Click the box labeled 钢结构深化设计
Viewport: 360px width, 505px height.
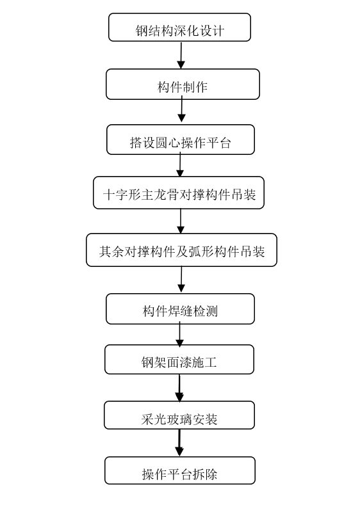coord(179,28)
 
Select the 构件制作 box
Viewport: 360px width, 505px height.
coord(183,84)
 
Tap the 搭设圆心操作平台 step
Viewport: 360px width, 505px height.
coord(181,140)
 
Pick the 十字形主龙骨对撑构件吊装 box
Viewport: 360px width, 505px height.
coord(179,193)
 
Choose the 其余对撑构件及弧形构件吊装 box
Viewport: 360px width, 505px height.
coord(181,250)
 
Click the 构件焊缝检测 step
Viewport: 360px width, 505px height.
coord(180,309)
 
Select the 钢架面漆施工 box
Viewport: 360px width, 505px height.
coord(179,360)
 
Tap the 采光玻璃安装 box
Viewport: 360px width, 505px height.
coord(179,415)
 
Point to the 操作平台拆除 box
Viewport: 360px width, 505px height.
coord(180,470)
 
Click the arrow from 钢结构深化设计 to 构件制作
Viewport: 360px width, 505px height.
coord(181,55)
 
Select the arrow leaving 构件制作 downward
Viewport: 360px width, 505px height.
coord(182,111)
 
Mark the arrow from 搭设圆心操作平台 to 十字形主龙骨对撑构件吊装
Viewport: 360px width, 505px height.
coord(180,164)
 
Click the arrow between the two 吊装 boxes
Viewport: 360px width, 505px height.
coord(181,221)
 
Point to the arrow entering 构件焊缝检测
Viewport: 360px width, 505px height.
coord(181,280)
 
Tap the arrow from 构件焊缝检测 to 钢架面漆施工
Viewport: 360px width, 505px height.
coord(179,333)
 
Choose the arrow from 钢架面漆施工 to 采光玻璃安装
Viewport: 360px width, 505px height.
coord(179,388)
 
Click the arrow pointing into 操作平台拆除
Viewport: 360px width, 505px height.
coord(179,443)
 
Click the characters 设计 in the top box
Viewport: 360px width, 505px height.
coord(212,31)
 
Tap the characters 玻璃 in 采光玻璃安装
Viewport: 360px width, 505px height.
coord(179,419)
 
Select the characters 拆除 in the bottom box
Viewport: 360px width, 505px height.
coord(205,474)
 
